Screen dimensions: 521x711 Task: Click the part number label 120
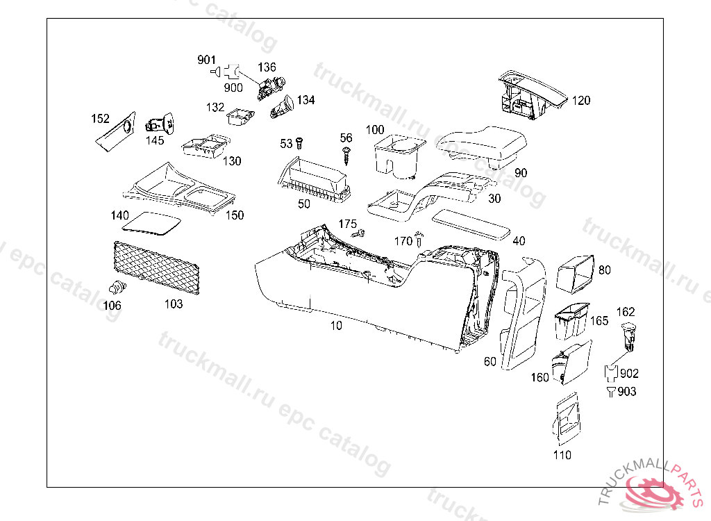(581, 101)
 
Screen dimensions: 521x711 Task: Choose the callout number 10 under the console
(337, 325)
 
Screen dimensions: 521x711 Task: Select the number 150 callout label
(235, 215)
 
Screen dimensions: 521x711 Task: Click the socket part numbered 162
(628, 334)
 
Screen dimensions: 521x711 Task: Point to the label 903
(626, 392)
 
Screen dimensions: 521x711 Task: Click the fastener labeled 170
(419, 240)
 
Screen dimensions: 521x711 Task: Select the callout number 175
(347, 224)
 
